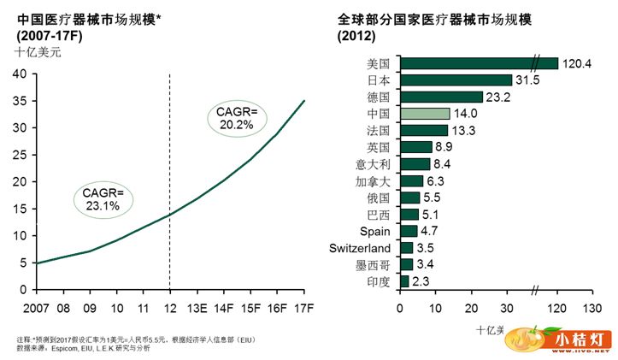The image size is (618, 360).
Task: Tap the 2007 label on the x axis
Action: pyautogui.click(x=37, y=306)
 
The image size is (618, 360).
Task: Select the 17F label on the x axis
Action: pyautogui.click(x=304, y=306)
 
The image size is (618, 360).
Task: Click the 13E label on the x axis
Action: pyautogui.click(x=197, y=306)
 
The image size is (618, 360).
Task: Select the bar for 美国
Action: pyautogui.click(x=479, y=63)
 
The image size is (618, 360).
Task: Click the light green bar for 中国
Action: pyautogui.click(x=425, y=114)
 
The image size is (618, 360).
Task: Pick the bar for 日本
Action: pyautogui.click(x=456, y=80)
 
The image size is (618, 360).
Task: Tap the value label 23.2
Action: pyautogui.click(x=498, y=97)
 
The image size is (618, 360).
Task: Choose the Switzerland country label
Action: pyautogui.click(x=359, y=248)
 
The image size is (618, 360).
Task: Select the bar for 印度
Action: pyautogui.click(x=404, y=281)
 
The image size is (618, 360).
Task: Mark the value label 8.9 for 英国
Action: pyautogui.click(x=445, y=147)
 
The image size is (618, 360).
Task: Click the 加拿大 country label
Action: pyautogui.click(x=374, y=180)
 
